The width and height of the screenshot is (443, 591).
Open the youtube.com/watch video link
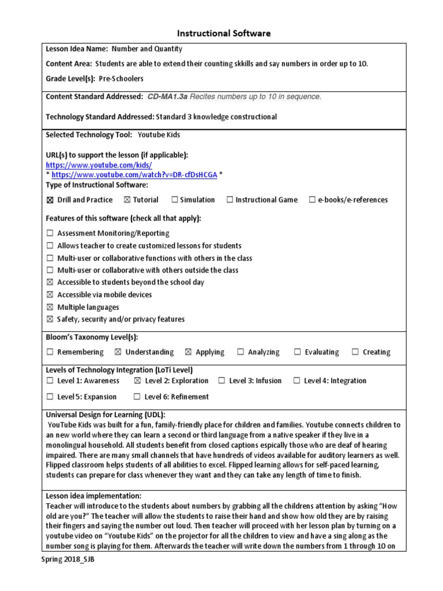coord(134,175)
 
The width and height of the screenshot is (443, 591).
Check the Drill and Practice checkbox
coord(50,200)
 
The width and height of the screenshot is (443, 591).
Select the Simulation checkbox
coord(174,200)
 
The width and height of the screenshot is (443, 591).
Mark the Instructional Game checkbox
coord(230,200)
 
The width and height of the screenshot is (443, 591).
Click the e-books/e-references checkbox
coord(312,200)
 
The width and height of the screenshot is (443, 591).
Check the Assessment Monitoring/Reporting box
coord(50,233)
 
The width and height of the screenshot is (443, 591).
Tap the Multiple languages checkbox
coord(50,307)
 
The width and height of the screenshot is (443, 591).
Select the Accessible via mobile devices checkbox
coord(50,295)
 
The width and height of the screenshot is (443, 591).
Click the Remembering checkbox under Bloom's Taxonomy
coord(50,352)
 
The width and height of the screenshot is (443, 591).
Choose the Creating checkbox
coord(355,352)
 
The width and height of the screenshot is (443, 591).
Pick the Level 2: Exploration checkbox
coord(137,381)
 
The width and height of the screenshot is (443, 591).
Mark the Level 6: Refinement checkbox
coord(137,397)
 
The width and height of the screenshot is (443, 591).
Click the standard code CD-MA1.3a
coord(167,96)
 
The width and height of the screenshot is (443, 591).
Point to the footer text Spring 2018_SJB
coord(67,561)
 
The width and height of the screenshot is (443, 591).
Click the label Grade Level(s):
coord(70,78)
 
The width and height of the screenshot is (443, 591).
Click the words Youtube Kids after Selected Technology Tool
coord(159,134)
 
